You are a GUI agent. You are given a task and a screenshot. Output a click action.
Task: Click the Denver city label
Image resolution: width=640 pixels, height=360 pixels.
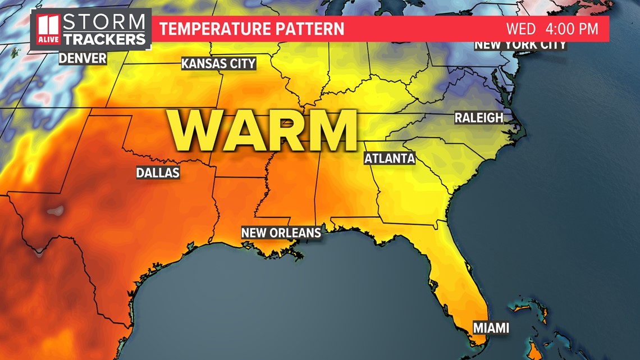click(x=83, y=57)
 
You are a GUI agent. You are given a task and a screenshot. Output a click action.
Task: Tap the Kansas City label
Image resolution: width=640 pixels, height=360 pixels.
click(x=218, y=63)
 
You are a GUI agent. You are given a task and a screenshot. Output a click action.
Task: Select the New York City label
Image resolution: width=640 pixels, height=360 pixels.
click(x=520, y=45)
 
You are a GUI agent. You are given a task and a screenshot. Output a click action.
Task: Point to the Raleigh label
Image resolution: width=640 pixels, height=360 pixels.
click(x=478, y=118)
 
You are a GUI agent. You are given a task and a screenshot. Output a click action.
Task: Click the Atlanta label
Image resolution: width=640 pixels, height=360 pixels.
click(x=390, y=158)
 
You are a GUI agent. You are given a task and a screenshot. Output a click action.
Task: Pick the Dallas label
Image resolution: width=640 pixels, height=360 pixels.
click(x=158, y=172)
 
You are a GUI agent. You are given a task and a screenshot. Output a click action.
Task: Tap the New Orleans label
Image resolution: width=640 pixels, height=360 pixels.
click(x=281, y=233)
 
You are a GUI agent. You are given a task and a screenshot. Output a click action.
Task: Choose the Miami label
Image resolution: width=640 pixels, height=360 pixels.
click(x=491, y=327)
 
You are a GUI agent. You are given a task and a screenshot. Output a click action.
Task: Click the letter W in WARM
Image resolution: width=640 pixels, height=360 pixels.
click(x=193, y=131)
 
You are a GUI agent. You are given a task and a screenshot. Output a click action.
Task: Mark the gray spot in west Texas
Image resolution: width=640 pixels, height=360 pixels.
click(x=54, y=212)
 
